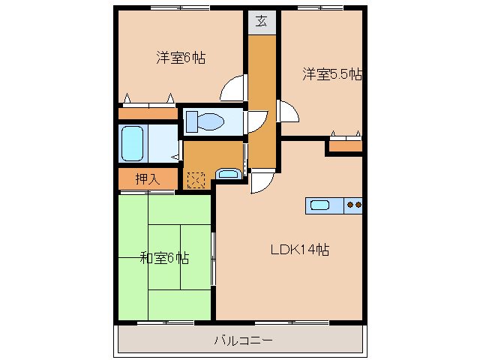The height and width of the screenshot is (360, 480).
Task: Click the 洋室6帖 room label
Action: (181, 57)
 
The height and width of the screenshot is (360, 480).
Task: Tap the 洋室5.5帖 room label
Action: (332, 74)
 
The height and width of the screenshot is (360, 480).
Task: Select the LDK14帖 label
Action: (300, 250)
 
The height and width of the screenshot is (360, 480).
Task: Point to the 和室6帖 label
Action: (164, 258)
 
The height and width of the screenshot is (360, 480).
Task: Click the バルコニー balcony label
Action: (242, 340)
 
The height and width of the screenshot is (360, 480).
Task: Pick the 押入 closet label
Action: (147, 179)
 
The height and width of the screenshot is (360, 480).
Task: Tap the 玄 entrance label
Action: (262, 21)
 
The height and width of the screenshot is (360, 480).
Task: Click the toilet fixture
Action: (205, 120)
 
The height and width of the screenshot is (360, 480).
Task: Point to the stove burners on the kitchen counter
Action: (353, 204)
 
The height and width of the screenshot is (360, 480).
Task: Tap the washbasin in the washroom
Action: (227, 175)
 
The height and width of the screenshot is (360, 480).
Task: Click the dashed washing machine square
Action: (195, 179)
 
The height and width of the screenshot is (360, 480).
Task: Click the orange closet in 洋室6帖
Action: (147, 113)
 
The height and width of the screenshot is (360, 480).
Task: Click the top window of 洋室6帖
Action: (178, 8)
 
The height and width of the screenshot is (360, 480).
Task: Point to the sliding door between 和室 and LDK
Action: (214, 259)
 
